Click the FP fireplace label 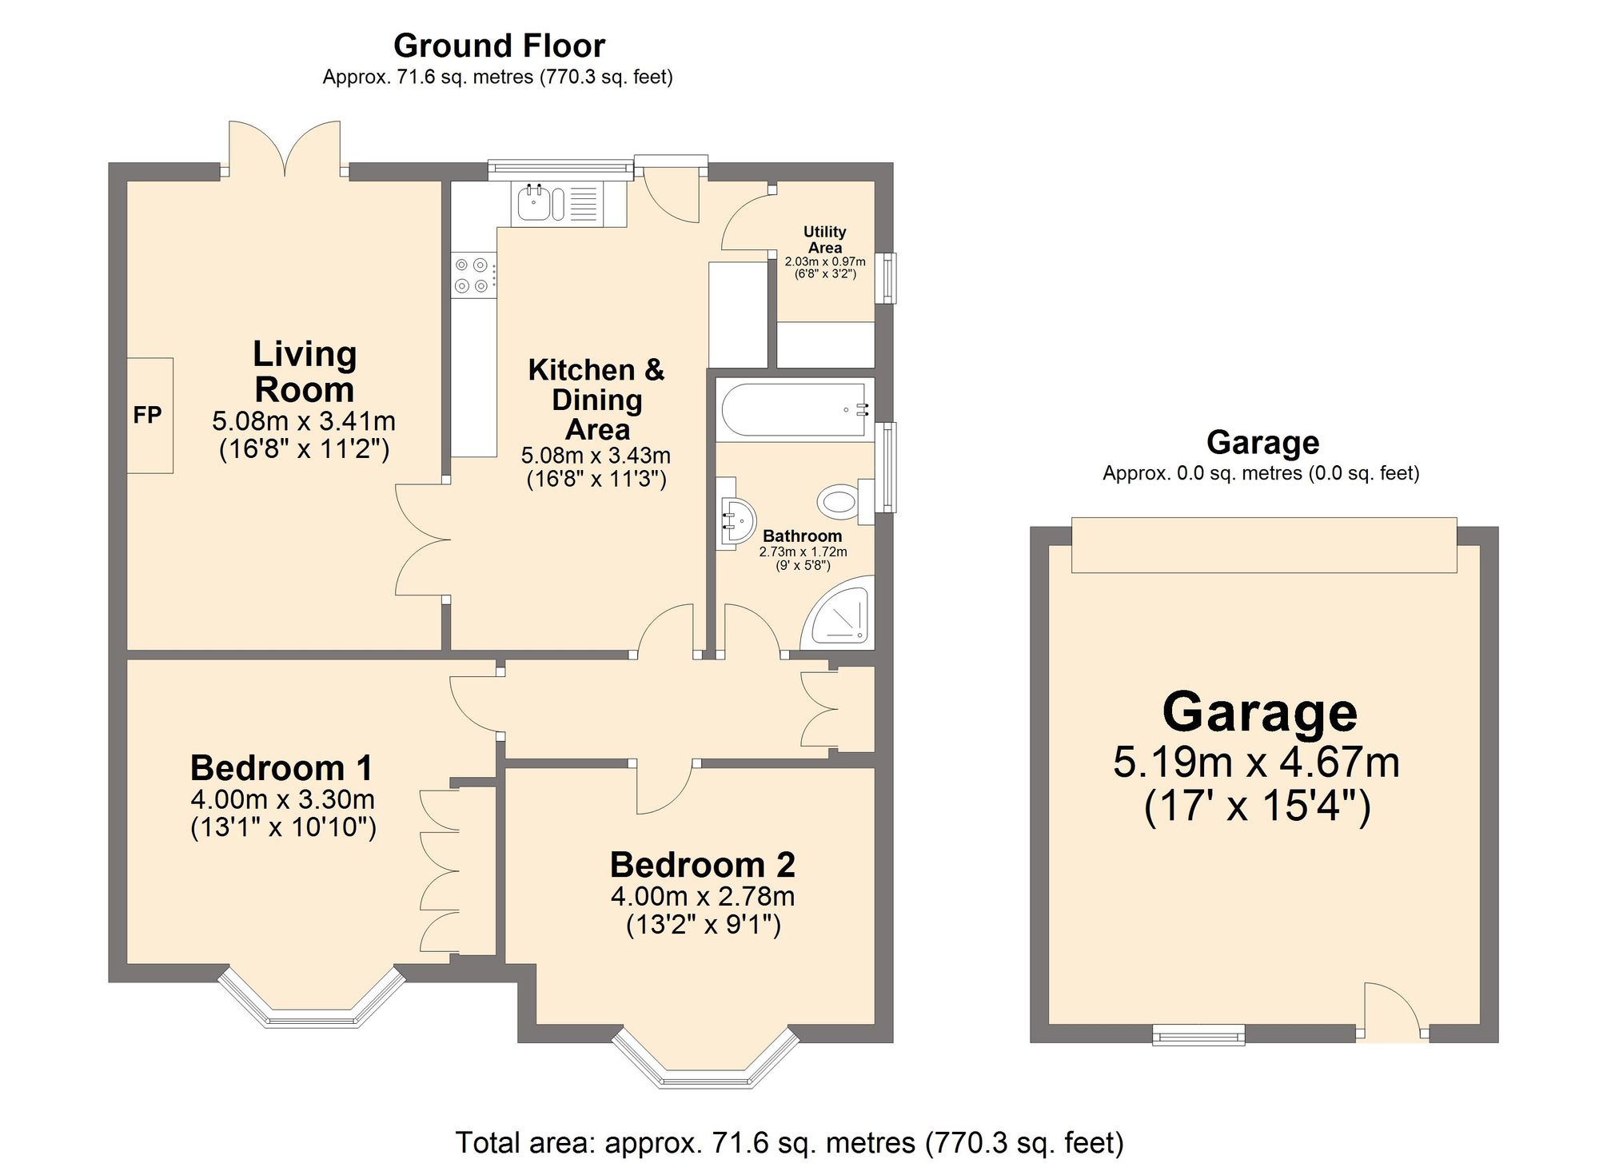click(147, 415)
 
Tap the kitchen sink click(533, 203)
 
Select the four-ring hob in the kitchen click(471, 275)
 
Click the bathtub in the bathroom click(793, 410)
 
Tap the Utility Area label click(824, 239)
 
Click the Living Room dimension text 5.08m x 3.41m click(304, 421)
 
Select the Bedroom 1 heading click(281, 768)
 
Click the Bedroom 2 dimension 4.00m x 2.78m click(703, 897)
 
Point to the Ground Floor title click(499, 46)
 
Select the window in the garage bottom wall click(1198, 1036)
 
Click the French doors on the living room click(285, 149)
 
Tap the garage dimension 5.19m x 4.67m click(1256, 763)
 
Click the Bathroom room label click(802, 536)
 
